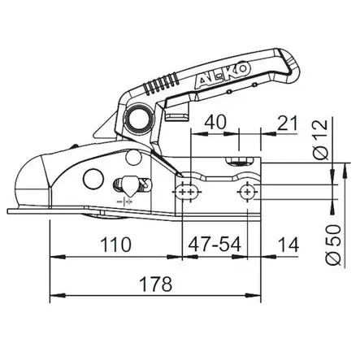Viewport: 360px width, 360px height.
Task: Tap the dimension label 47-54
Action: pos(215,245)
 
